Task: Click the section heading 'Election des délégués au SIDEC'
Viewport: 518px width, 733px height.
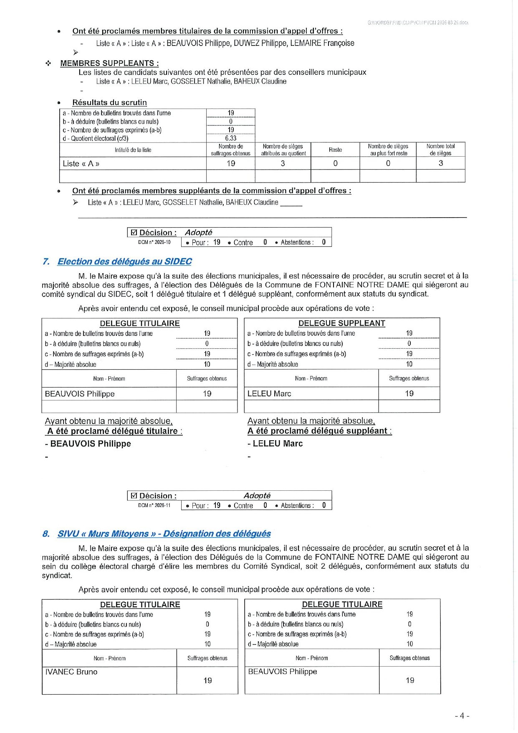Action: pyautogui.click(x=124, y=262)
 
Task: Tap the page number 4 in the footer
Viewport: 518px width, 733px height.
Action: pyautogui.click(x=462, y=716)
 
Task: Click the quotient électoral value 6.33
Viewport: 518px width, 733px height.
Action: pyautogui.click(x=230, y=138)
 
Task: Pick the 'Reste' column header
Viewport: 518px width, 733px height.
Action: pyautogui.click(x=335, y=150)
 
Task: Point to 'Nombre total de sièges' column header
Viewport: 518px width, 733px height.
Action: pyautogui.click(x=440, y=150)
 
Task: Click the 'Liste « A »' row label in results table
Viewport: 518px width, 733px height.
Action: pyautogui.click(x=81, y=164)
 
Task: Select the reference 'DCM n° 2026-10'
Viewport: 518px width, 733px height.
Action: pyautogui.click(x=154, y=242)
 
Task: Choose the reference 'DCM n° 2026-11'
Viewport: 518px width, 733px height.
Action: pyautogui.click(x=154, y=505)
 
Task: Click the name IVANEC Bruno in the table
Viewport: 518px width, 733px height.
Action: pyautogui.click(x=71, y=672)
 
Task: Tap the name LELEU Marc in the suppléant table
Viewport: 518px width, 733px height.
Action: pyautogui.click(x=269, y=394)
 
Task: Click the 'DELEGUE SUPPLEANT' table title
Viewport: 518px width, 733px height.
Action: pyautogui.click(x=341, y=323)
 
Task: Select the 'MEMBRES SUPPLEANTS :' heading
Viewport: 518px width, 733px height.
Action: pyautogui.click(x=109, y=63)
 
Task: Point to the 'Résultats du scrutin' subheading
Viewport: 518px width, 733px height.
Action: pyautogui.click(x=109, y=103)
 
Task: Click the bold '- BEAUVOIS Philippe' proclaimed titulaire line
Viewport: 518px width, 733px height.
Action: pyautogui.click(x=88, y=444)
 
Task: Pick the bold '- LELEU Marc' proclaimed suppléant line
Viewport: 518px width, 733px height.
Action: pyautogui.click(x=275, y=444)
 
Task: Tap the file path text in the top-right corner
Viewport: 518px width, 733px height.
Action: pyautogui.click(x=418, y=23)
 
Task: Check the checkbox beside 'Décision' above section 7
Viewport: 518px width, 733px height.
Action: pyautogui.click(x=134, y=233)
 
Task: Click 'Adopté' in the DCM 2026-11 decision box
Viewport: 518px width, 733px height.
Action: pyautogui.click(x=257, y=496)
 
